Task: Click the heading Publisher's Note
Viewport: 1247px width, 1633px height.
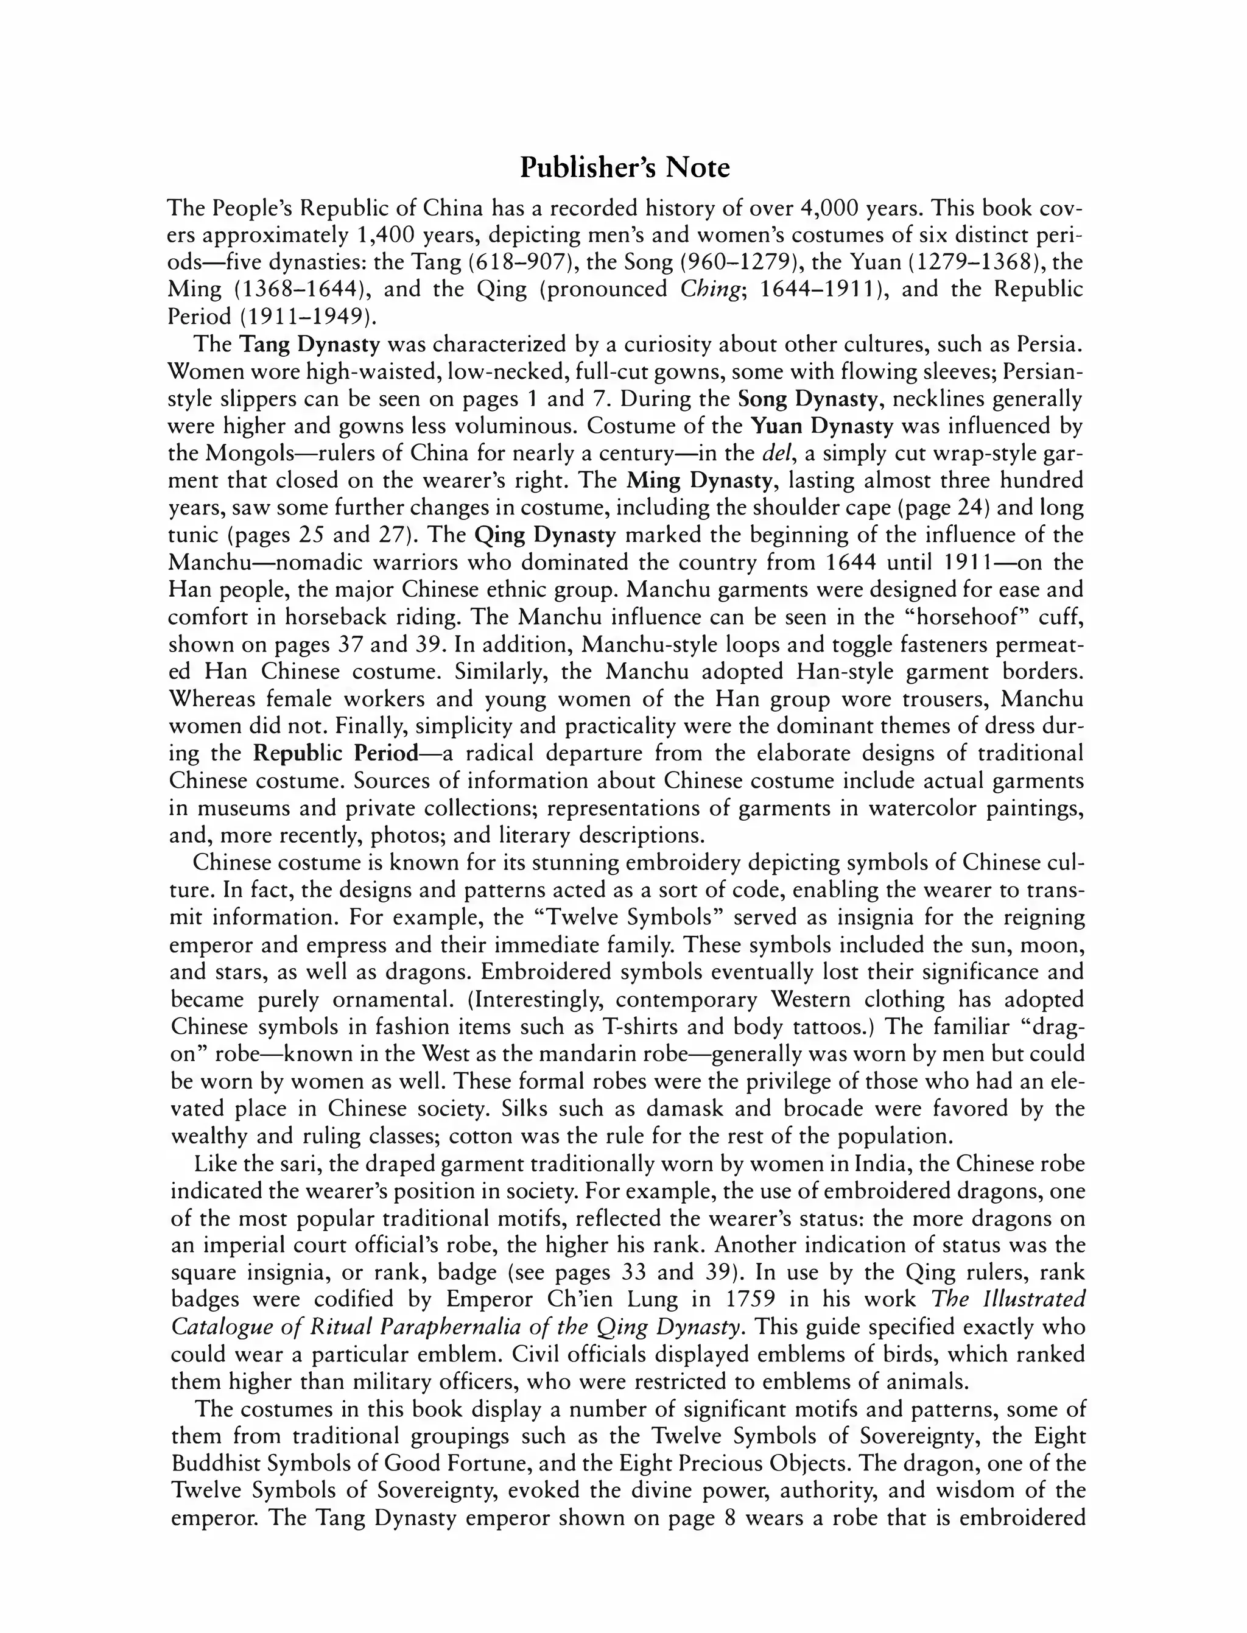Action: click(624, 168)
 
